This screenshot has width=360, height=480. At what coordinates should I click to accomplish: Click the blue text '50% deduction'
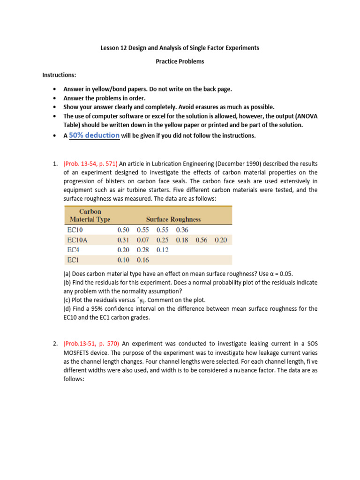(94, 135)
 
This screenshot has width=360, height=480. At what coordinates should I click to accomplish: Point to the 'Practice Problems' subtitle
(180, 61)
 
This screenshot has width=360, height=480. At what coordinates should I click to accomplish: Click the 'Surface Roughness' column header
(173, 219)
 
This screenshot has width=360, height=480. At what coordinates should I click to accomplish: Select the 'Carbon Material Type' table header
(90, 215)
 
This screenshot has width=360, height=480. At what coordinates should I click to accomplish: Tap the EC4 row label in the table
(74, 250)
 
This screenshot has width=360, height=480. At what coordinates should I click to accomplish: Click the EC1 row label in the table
(74, 260)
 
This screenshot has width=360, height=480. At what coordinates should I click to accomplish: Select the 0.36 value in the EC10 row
(182, 230)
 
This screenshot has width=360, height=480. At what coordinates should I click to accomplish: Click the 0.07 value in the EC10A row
(143, 240)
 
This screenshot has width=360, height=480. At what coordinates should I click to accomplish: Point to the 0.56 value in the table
(202, 240)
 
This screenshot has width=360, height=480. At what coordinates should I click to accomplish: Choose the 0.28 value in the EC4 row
(143, 250)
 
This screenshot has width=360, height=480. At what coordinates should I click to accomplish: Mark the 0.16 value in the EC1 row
(143, 260)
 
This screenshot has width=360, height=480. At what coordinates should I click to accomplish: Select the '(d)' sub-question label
(67, 308)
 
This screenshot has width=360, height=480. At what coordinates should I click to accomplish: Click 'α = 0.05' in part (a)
(278, 273)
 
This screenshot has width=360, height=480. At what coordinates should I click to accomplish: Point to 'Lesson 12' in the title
(114, 48)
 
